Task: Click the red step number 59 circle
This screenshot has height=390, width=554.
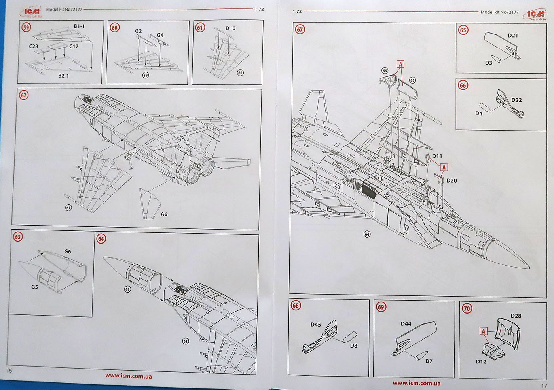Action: tap(26, 27)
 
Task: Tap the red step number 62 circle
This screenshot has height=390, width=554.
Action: tap(23, 95)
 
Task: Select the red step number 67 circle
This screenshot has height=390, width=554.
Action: tap(300, 29)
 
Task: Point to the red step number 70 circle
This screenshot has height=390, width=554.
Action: tap(467, 308)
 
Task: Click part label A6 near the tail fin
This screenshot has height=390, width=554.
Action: tap(164, 214)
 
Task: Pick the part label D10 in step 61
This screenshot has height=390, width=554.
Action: tap(230, 28)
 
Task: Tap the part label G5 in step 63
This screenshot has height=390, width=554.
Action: tap(34, 287)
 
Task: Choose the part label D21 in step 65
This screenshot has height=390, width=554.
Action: tap(513, 35)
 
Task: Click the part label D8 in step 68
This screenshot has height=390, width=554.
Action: tap(353, 346)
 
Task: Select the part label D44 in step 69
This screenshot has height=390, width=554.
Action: tap(406, 324)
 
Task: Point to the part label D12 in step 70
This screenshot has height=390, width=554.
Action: tap(481, 361)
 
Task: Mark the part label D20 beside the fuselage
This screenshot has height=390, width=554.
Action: tap(452, 181)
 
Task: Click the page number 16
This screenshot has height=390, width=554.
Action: tap(9, 370)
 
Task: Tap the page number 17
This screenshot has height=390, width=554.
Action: tap(544, 385)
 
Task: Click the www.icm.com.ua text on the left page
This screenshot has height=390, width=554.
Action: tap(129, 376)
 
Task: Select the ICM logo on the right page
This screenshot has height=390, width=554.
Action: tap(535, 15)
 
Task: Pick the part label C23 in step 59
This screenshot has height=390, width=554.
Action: tap(34, 46)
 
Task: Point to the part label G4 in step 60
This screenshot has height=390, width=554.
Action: tap(160, 35)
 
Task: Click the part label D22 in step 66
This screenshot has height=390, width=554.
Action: tap(516, 100)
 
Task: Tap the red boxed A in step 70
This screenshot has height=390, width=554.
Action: tap(483, 331)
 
